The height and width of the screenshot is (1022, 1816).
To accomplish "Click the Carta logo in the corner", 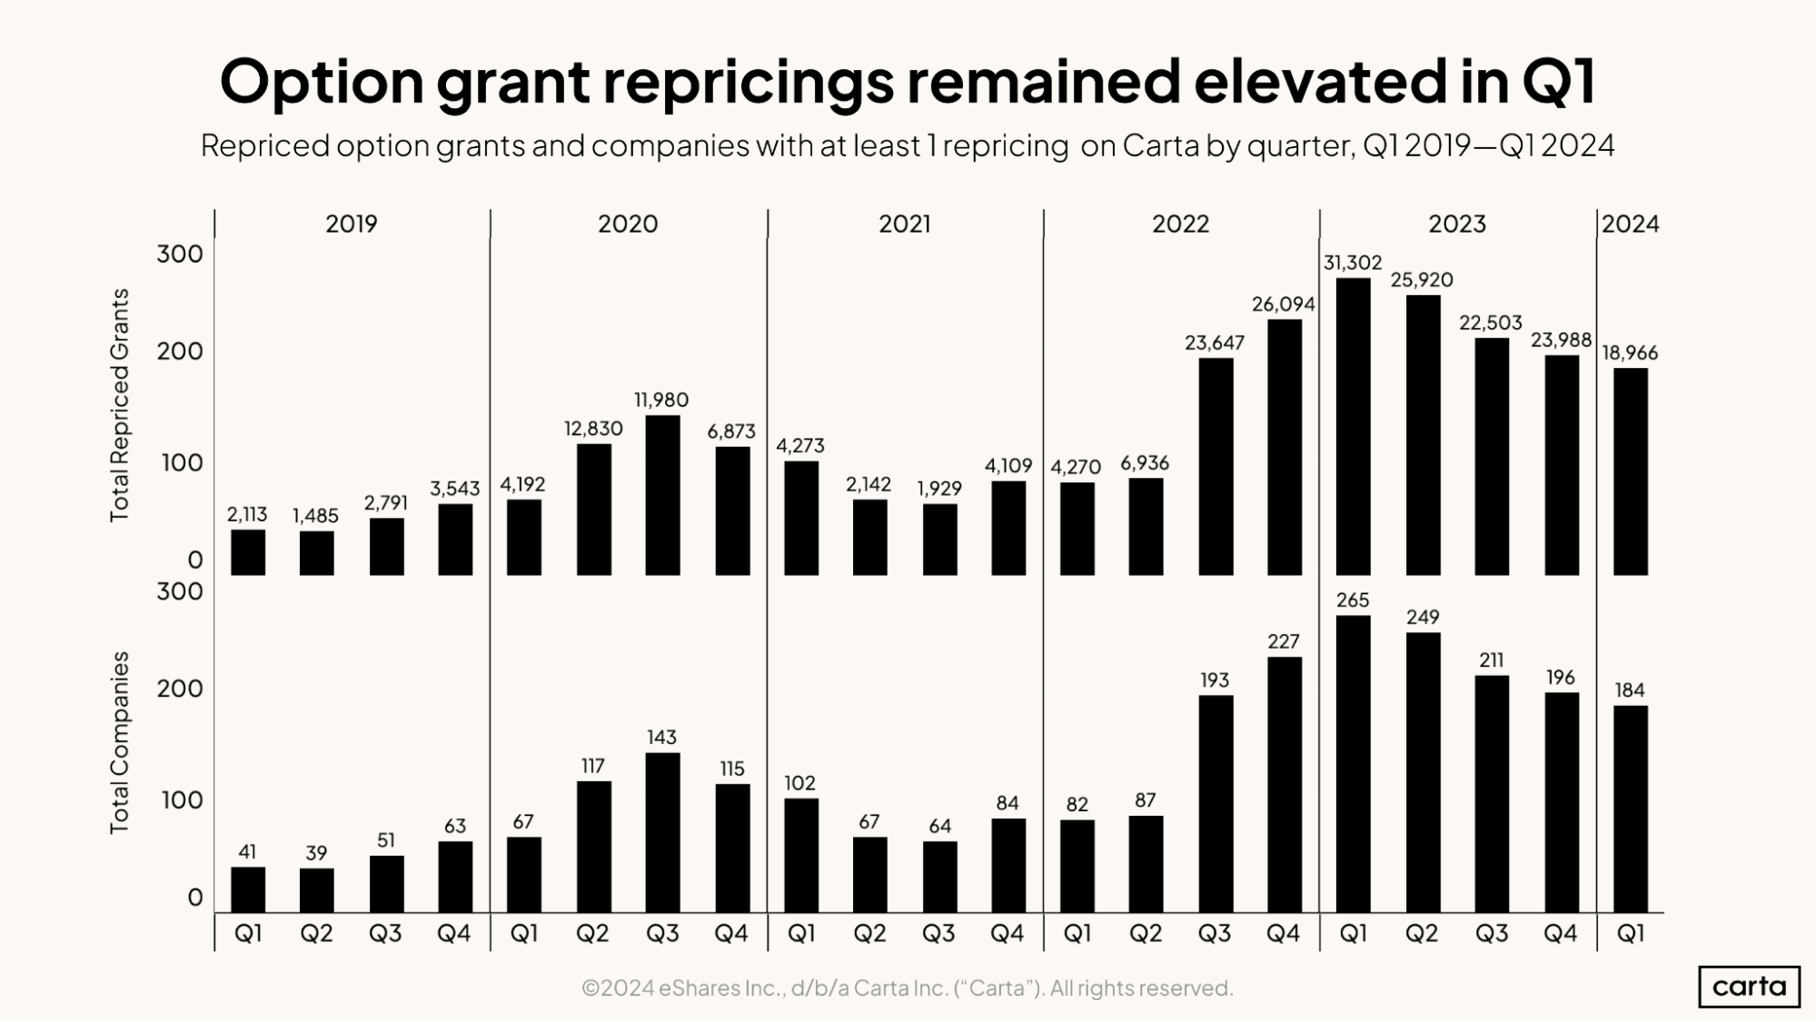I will tap(1749, 987).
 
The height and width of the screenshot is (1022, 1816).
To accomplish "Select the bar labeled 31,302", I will tap(1353, 427).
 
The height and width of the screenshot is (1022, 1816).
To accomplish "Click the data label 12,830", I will tap(593, 429).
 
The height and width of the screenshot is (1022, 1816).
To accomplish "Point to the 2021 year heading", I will tap(904, 223).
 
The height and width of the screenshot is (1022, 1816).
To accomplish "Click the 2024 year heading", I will tap(1630, 223).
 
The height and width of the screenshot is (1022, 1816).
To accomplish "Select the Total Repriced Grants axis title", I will tap(119, 405).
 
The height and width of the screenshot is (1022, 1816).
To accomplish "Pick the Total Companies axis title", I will tap(119, 742).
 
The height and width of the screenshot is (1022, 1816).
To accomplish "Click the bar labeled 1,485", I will tap(316, 553).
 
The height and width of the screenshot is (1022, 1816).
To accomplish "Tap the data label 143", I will tap(661, 737).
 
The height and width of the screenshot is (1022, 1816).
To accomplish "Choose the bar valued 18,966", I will tap(1630, 471).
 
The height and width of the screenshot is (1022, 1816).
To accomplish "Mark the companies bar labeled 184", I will tap(1630, 809).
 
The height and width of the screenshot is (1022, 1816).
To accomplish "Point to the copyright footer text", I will tap(907, 987).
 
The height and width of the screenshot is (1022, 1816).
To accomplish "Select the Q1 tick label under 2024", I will tap(1630, 933).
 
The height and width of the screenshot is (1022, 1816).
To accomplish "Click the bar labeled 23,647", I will tap(1216, 467).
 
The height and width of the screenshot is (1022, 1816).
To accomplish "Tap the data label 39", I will tap(316, 853).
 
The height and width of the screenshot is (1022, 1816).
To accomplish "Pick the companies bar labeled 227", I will tap(1284, 784).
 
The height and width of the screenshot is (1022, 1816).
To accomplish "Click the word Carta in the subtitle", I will tap(1160, 145).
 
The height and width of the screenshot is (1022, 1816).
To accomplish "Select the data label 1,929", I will tap(939, 489).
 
